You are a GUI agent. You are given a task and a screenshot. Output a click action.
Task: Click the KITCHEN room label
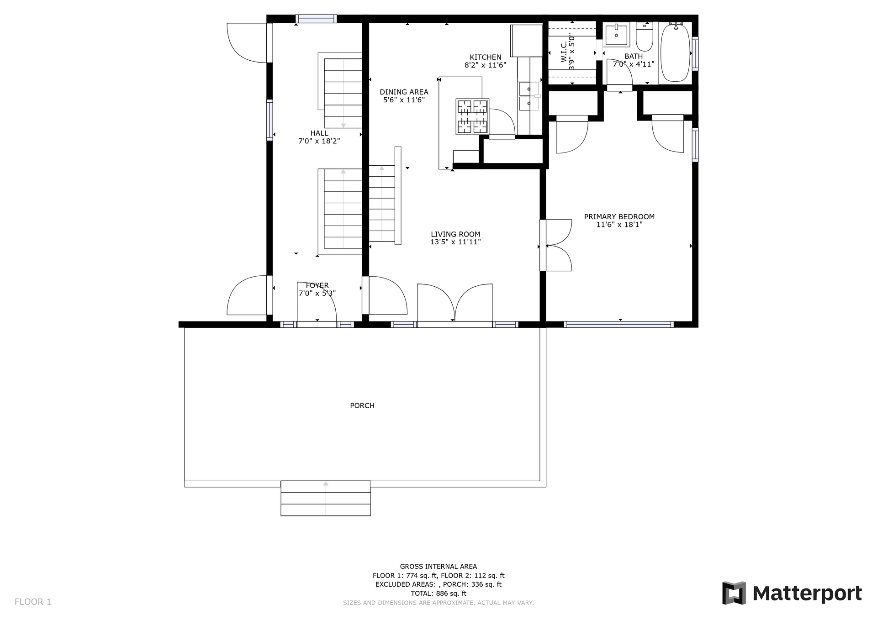[x=486, y=57]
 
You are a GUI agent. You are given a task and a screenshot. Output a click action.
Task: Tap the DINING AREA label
[x=404, y=92]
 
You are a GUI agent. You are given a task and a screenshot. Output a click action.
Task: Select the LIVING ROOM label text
[x=455, y=234]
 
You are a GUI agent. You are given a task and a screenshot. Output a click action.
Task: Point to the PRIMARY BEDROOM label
[x=619, y=216]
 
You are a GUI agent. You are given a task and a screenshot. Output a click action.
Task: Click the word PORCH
[x=362, y=405]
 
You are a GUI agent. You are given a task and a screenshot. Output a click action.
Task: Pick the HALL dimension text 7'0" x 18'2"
[x=319, y=141]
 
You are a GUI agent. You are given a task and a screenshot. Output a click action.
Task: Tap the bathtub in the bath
[x=676, y=53]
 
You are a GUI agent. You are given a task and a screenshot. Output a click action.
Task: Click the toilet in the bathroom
[x=645, y=37]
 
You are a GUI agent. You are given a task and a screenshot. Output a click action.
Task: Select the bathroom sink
[x=616, y=34]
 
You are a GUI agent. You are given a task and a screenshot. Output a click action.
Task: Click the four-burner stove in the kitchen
[x=472, y=116]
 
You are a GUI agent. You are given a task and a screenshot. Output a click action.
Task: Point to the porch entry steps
[x=326, y=498]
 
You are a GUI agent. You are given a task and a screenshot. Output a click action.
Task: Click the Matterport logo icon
[x=734, y=593]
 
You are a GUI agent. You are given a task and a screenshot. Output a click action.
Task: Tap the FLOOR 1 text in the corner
[x=33, y=602]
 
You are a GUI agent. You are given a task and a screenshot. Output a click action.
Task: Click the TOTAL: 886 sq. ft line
[x=438, y=594]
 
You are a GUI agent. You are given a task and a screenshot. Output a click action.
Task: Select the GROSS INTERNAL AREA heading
[x=438, y=567]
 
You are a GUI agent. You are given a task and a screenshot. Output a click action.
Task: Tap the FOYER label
[x=317, y=285]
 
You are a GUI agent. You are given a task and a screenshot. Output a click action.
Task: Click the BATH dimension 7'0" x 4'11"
[x=634, y=64]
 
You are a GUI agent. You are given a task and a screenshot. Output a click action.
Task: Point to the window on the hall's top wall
[x=316, y=19]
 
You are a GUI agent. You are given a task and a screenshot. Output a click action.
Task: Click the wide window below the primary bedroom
[x=619, y=325]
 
